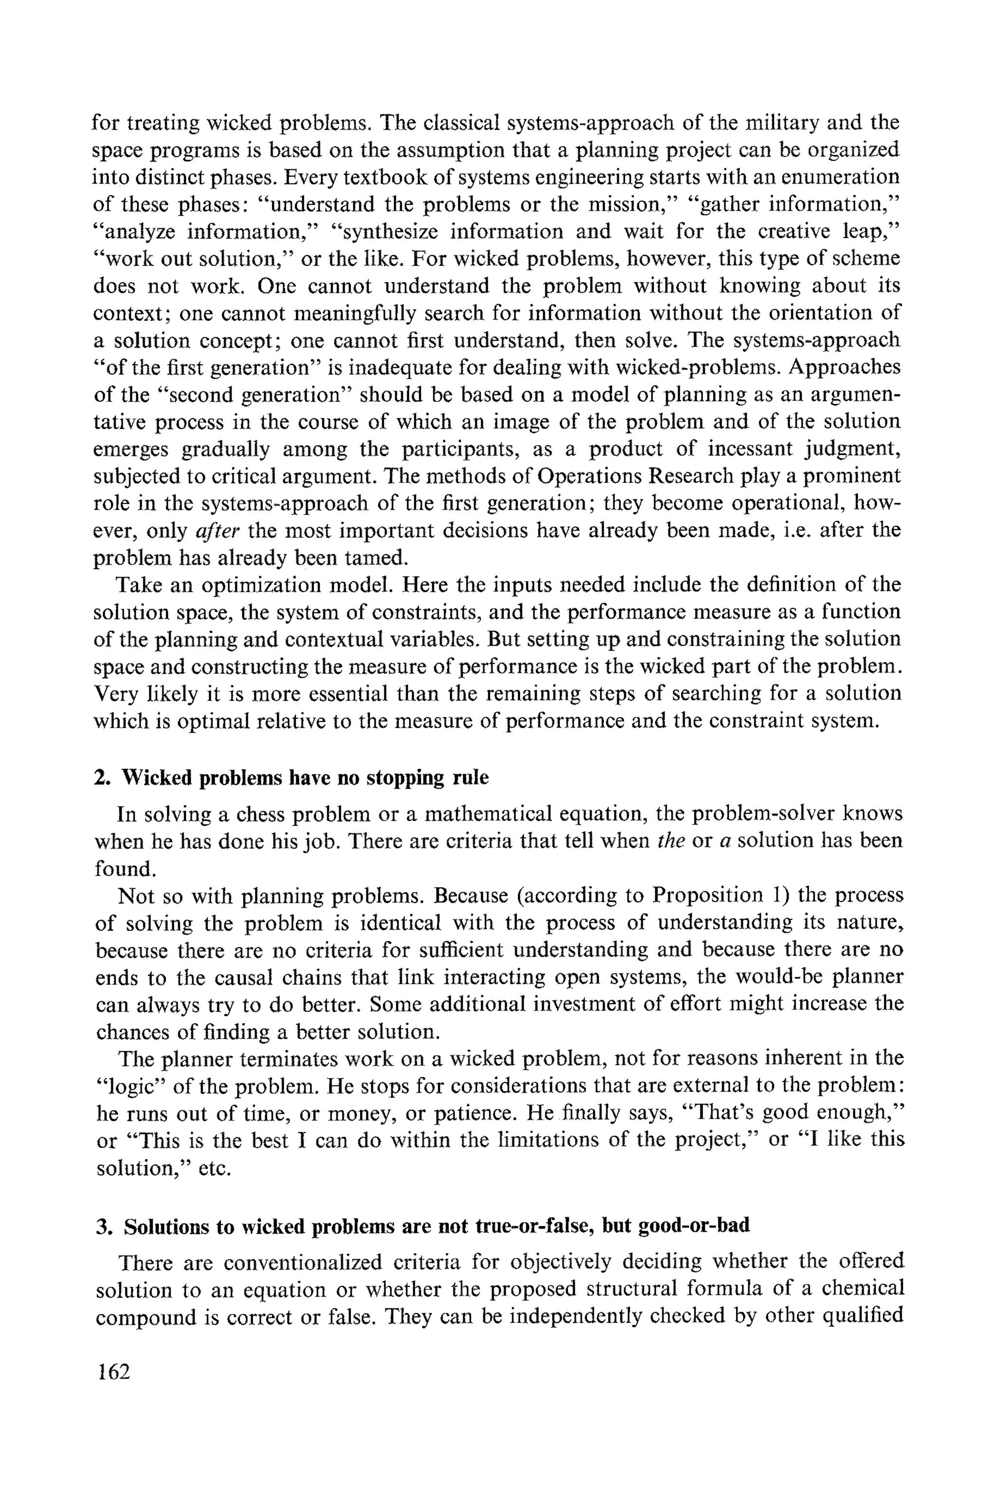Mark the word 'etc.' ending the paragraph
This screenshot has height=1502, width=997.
[213, 1168]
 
